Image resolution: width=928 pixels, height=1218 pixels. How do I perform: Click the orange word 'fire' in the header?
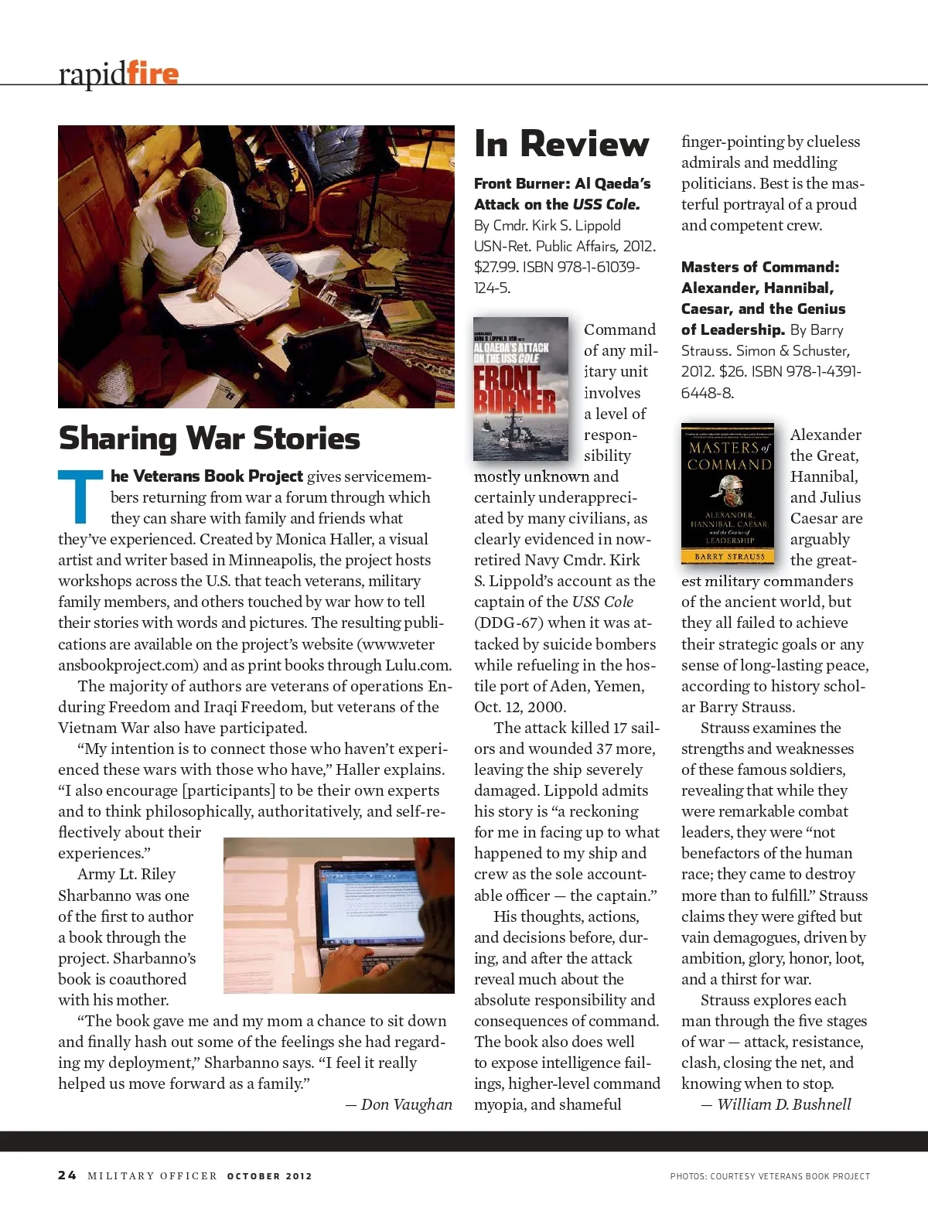(152, 73)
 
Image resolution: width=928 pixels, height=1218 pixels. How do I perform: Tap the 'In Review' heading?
(561, 144)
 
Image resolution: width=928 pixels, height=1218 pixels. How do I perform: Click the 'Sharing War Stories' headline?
(210, 438)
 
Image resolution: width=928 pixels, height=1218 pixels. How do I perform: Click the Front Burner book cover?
(520, 388)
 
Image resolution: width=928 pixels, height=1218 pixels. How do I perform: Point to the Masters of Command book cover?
(728, 493)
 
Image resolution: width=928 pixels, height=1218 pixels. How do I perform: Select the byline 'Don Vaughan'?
(406, 1104)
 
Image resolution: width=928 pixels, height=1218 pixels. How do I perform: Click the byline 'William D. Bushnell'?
(783, 1104)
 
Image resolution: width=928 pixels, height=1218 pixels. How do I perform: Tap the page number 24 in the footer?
(67, 1175)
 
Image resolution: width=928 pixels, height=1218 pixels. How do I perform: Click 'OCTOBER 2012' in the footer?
(269, 1176)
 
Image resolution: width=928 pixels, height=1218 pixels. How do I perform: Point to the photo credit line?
(769, 1176)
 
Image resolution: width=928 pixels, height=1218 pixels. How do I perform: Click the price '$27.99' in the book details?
(496, 267)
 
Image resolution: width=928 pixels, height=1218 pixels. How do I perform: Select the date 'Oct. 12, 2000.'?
(520, 707)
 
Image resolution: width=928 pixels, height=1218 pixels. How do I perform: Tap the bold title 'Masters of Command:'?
(759, 267)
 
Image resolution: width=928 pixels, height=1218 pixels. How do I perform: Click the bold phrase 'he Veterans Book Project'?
(206, 476)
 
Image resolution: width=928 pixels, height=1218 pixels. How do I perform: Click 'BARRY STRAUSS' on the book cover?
(729, 556)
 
